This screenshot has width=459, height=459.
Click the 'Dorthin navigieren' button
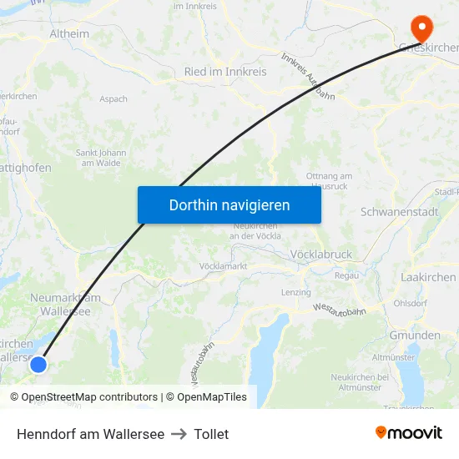[x=229, y=204]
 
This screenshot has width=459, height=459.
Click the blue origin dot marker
[x=38, y=364]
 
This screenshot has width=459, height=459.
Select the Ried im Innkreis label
[x=225, y=72]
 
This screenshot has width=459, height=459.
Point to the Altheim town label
[x=69, y=34]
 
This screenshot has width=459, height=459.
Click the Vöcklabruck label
[x=321, y=255]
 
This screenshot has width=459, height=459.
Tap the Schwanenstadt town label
[x=399, y=212]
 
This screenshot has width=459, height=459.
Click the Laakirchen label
[x=428, y=277]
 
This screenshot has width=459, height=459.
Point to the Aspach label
[x=113, y=98]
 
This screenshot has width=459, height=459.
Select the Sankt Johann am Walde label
[x=101, y=158]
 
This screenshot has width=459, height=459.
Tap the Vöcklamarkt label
[x=223, y=265]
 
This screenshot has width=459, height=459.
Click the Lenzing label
[x=296, y=292]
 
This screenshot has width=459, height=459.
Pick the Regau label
[x=346, y=275]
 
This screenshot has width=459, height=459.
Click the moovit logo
[x=409, y=432]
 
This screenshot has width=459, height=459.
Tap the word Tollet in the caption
[x=211, y=434]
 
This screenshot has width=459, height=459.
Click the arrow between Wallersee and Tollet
[x=179, y=434]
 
